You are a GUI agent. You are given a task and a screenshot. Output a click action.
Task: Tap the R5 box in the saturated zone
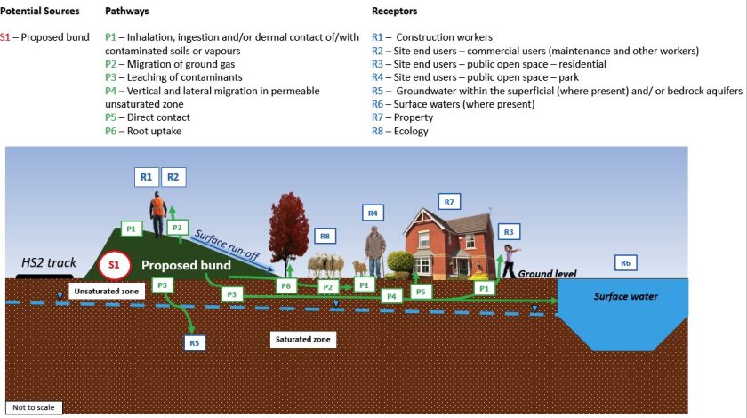196,342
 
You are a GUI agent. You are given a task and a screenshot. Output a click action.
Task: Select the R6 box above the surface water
625,262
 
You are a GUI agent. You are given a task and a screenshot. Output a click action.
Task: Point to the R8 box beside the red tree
326,237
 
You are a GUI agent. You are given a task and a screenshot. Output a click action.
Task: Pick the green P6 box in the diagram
285,285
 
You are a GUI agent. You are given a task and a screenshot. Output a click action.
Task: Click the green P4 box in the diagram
390,295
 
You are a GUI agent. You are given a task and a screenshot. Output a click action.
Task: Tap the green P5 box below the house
422,291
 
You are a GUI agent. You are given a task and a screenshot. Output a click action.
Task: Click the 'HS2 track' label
49,262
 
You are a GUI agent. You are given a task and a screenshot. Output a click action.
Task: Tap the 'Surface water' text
626,296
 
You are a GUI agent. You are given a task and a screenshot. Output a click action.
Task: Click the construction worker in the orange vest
158,214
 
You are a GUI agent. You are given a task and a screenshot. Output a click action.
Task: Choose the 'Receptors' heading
394,12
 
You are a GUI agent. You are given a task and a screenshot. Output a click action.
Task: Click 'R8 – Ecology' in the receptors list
400,131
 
